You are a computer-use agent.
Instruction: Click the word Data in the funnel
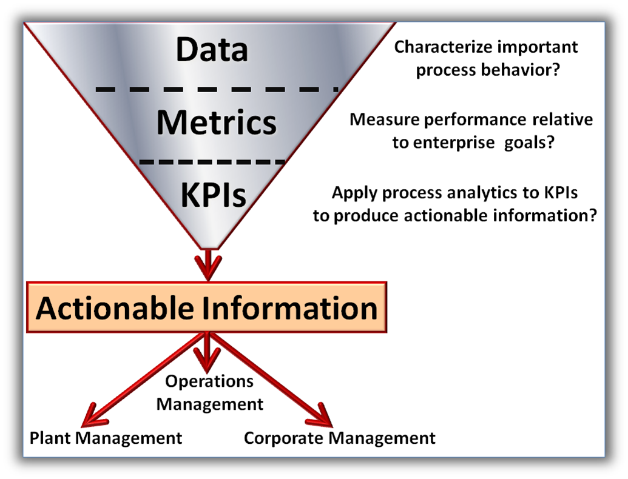coord(212,50)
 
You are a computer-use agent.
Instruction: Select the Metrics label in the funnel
coord(217,122)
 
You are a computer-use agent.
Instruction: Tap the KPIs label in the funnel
coord(213,195)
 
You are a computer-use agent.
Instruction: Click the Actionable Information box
coord(207,307)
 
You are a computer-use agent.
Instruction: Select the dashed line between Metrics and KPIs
coord(212,162)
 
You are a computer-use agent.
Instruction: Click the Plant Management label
coord(106,437)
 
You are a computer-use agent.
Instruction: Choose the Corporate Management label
coord(340,438)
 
